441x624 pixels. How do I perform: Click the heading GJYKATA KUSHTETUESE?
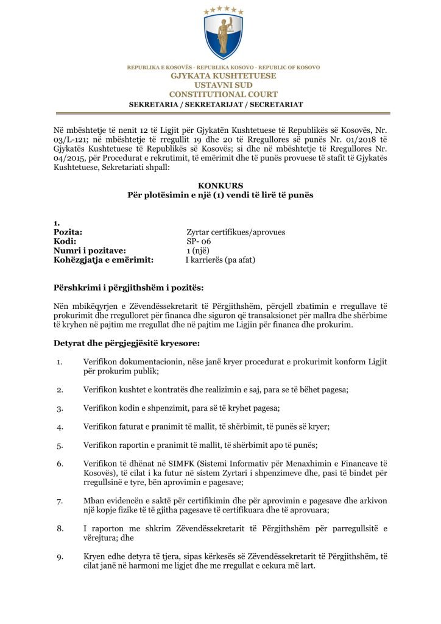pos(223,76)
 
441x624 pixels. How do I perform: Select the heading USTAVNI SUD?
pos(223,85)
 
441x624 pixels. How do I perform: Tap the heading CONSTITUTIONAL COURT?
pos(223,94)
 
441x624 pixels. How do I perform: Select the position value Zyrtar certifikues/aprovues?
pos(235,232)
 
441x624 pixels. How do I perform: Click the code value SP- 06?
pos(199,241)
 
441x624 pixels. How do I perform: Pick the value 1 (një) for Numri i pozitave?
pos(200,250)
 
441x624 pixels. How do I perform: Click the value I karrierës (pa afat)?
pos(220,260)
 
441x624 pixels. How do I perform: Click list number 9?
pos(60,556)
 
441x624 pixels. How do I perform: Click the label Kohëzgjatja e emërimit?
pos(103,260)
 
